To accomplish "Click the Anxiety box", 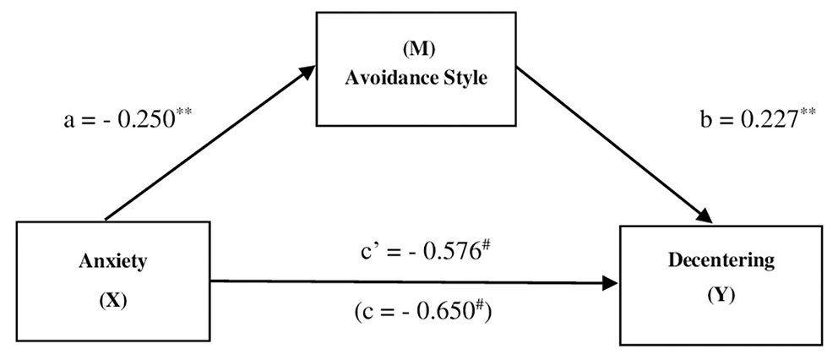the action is click(x=113, y=280).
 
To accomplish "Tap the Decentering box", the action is click(x=721, y=284).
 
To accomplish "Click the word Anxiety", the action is click(x=113, y=261).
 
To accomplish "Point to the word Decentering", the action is click(x=721, y=260).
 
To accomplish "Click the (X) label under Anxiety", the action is click(x=113, y=299).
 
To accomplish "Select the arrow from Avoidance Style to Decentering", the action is click(x=612, y=145).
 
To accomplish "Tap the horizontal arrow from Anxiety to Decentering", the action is click(x=414, y=283).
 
